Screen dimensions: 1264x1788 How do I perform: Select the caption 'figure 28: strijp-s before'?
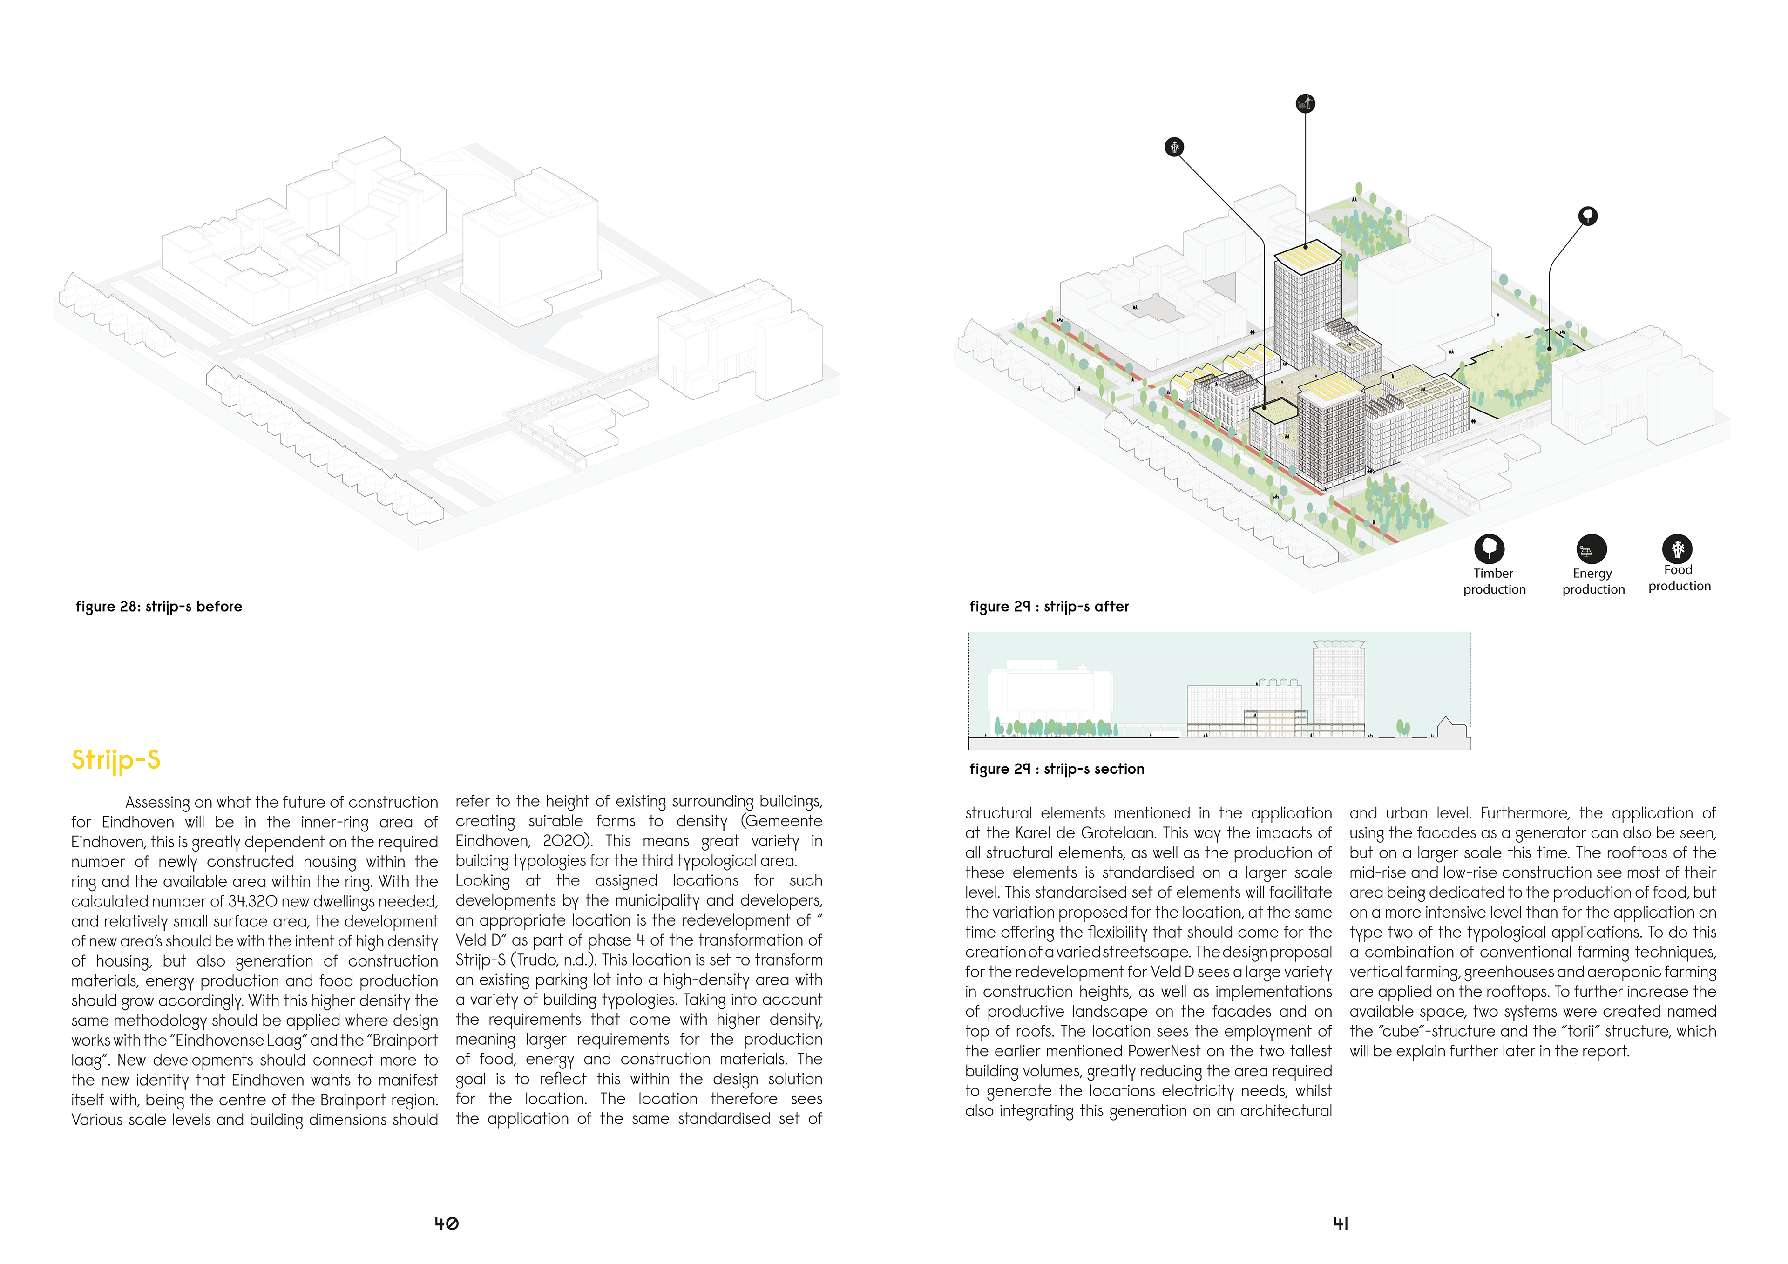(159, 607)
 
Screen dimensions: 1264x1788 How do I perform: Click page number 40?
(446, 1223)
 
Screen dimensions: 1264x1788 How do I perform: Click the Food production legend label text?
(1679, 578)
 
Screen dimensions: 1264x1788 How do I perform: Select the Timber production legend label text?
(1494, 581)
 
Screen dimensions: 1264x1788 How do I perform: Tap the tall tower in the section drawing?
(1338, 685)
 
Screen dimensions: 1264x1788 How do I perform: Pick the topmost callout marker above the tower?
(1305, 103)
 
